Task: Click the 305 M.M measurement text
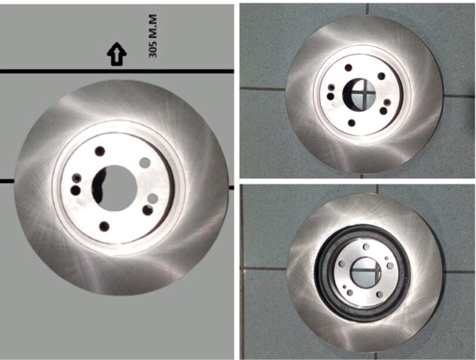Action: tap(153, 36)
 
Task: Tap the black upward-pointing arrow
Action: tap(117, 54)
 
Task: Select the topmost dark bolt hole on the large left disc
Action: tap(100, 151)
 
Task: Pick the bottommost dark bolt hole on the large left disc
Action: tap(104, 226)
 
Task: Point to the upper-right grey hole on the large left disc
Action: tap(145, 163)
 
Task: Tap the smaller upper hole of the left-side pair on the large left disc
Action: tap(77, 178)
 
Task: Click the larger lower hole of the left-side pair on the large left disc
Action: tap(75, 190)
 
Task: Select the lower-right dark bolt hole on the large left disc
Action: tap(148, 210)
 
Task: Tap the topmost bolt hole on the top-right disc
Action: tap(349, 67)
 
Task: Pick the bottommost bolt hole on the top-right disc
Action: tap(352, 123)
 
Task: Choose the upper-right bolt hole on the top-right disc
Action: tap(382, 76)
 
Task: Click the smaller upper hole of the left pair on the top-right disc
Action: tap(332, 87)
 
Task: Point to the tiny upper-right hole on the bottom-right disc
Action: tap(387, 259)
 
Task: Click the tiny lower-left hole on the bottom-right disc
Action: tap(345, 287)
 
